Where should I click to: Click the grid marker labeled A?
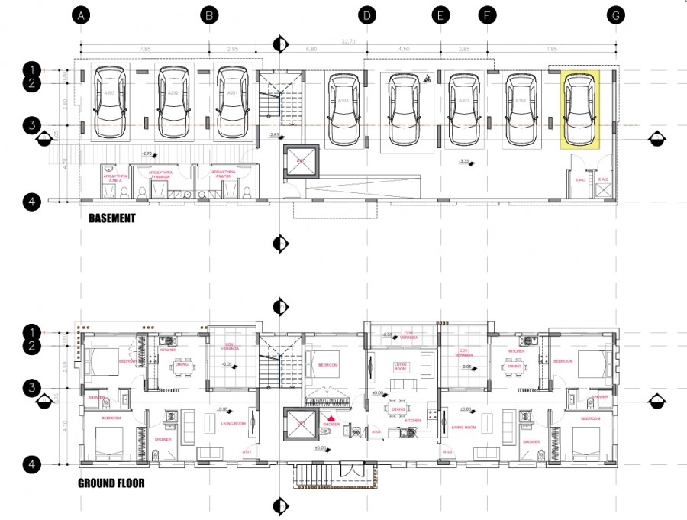coord(82,15)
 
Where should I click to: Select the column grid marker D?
coord(367,15)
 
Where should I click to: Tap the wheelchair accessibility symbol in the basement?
coord(427,77)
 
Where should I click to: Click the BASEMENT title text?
coord(111,218)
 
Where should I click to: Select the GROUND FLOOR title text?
coord(111,483)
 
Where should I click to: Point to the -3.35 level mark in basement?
coord(464,161)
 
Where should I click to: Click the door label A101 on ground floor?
coord(247,452)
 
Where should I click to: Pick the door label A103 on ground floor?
coord(446,452)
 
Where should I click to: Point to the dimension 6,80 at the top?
coord(311,50)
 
